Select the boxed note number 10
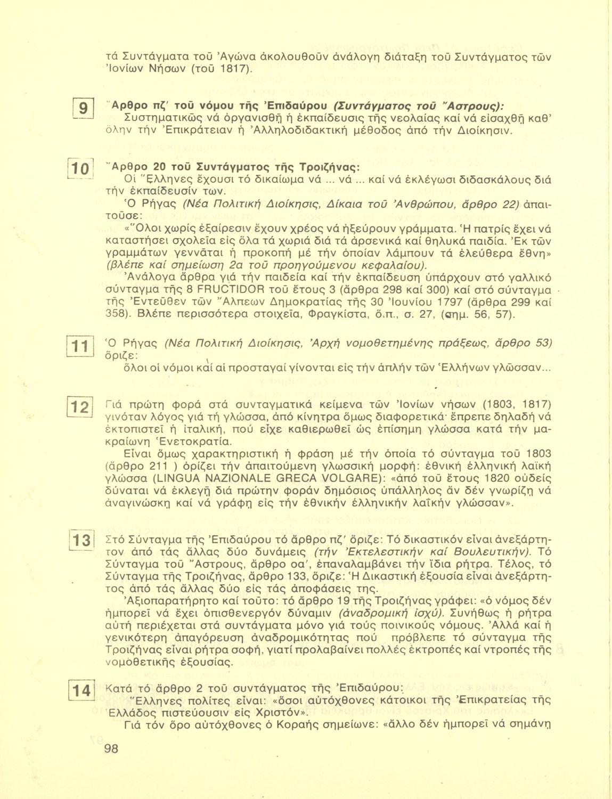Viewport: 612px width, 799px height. (x=81, y=170)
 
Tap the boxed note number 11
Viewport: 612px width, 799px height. (x=81, y=347)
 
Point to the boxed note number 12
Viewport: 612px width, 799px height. (x=81, y=408)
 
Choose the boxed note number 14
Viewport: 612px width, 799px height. (x=82, y=691)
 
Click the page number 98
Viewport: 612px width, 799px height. (x=111, y=749)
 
